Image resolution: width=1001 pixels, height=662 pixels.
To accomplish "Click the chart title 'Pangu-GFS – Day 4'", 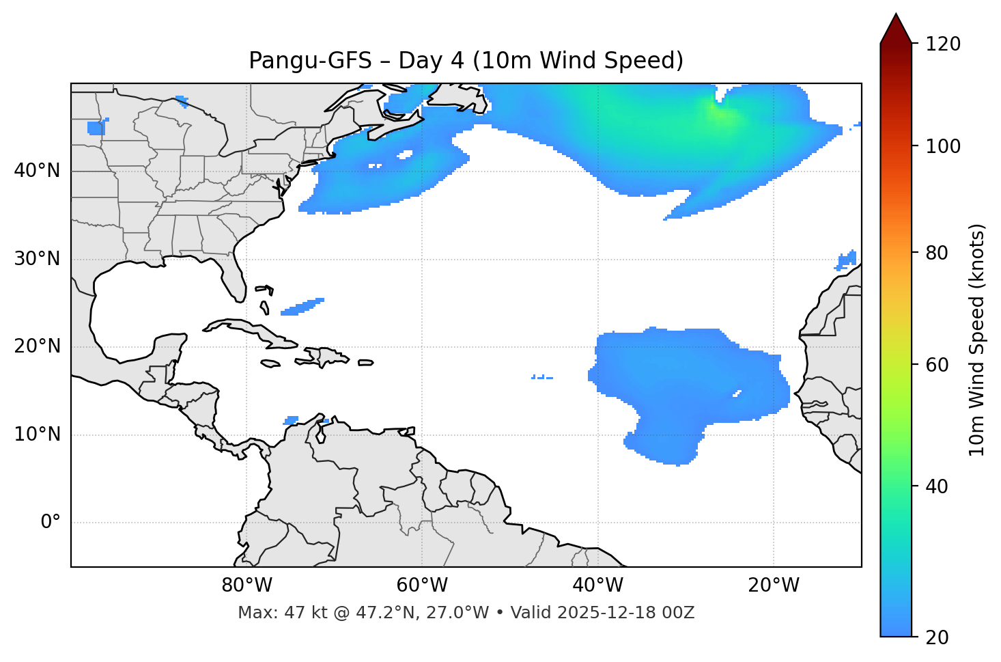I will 466,61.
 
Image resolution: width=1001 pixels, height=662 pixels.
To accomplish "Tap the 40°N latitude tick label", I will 37,171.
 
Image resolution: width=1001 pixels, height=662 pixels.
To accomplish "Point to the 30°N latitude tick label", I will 37,259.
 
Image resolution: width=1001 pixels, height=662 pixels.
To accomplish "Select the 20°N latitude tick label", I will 37,346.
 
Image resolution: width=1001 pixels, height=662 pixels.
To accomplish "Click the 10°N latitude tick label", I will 37,435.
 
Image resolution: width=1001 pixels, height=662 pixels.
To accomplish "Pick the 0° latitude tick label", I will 51,523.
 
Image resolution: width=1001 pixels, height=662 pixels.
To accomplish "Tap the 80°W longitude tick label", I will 246,585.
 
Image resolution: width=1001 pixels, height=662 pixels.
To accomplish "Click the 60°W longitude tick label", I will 422,585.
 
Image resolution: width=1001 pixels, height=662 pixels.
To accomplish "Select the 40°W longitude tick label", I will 597,585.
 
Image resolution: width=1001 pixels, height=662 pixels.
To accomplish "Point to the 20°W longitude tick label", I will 773,585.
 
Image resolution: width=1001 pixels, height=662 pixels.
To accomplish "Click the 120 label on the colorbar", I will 943,44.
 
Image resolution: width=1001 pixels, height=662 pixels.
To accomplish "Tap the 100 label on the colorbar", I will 943,146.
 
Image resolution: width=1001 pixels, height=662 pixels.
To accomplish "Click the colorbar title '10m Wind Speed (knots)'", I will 977,340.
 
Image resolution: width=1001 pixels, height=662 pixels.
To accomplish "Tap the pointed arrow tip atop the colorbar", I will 896,16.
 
